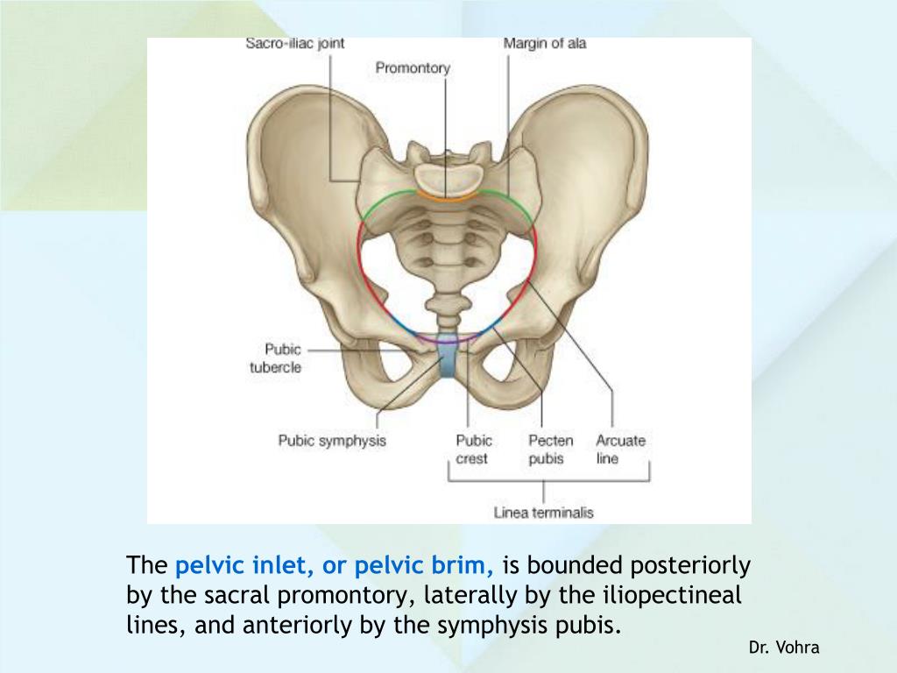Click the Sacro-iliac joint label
point(294,45)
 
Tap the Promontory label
point(413,67)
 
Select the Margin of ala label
point(545,43)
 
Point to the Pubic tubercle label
point(276,358)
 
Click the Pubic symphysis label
point(332,441)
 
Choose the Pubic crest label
point(473,449)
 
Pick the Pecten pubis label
point(551,449)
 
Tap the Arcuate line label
point(620,449)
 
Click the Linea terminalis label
point(544,512)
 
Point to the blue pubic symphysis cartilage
point(448,359)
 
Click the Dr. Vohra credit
point(784,648)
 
